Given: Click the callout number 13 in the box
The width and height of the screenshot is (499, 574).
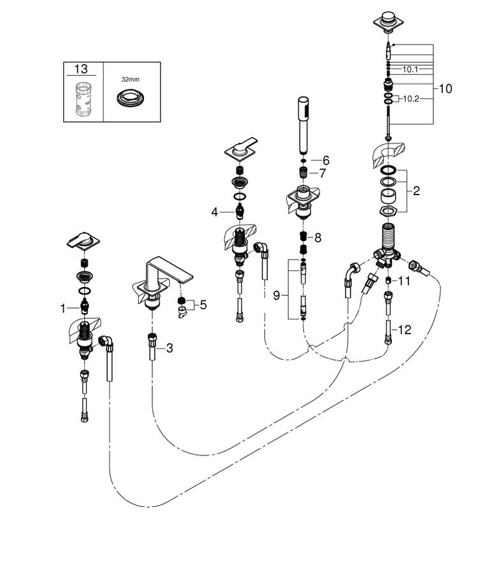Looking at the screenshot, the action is coord(81,69).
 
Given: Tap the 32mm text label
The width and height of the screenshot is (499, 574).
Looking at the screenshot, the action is coord(130,79).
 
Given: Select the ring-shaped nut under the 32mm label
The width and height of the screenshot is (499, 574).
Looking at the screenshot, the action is coord(130,98).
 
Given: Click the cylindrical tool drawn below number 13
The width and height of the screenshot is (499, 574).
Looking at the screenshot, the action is coord(83,99).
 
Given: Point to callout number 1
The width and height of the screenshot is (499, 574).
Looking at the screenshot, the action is coord(63,309).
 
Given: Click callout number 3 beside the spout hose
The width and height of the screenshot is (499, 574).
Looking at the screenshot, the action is coord(170,348).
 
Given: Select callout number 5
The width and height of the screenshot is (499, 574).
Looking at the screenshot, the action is coord(203,305).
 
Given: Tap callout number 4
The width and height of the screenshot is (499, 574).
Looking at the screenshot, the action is coord(214,212).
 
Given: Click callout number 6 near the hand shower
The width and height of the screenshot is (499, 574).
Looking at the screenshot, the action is coord(326,160).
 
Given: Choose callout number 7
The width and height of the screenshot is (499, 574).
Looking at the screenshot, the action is coord(322,173).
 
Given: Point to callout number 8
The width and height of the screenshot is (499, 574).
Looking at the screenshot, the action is coord(318,238).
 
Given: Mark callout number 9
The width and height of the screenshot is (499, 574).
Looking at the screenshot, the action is coord(277,295).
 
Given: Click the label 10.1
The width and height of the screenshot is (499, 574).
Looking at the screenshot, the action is coord(410,69).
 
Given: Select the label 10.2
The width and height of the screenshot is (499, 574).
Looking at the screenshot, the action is coord(411,99).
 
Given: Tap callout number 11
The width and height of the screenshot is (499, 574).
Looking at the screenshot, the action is coord(404,281).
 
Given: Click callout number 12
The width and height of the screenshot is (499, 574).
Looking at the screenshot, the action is coord(404,330).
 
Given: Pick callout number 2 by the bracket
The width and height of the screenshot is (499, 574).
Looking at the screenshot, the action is coord(416,191).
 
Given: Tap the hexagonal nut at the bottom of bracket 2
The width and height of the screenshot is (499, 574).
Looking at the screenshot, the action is coord(388,211).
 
